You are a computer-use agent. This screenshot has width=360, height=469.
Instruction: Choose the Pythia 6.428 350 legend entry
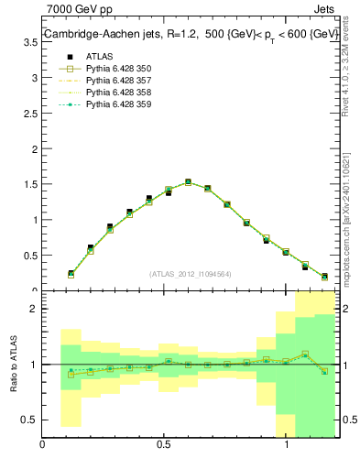[x=118, y=68]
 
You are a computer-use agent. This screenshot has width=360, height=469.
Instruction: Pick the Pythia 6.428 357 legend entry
[x=118, y=80]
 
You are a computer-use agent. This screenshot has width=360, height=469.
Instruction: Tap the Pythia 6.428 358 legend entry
[x=118, y=92]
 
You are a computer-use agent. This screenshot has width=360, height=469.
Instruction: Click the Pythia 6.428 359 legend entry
[x=118, y=104]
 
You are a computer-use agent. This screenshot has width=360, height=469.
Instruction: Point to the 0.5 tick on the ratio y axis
[x=30, y=420]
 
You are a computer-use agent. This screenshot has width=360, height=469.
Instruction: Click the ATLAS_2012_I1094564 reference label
[x=190, y=273]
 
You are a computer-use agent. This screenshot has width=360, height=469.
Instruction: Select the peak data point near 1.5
[x=188, y=182]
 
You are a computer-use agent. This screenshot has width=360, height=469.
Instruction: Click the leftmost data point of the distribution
[x=71, y=273]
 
